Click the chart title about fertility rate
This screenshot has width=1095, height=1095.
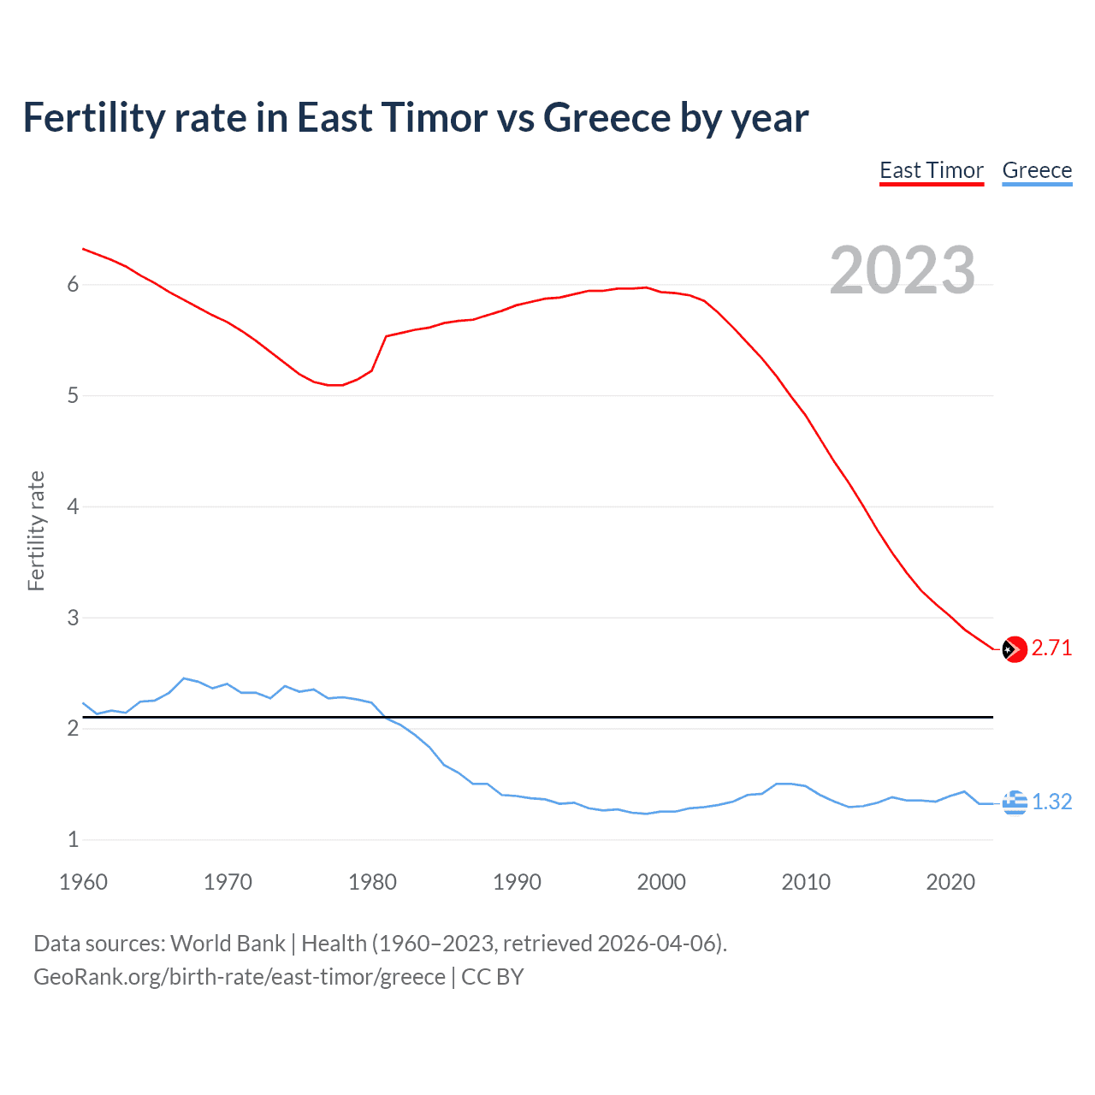tap(416, 118)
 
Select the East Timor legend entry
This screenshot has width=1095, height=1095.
tap(932, 170)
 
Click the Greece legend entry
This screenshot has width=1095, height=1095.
tap(1037, 170)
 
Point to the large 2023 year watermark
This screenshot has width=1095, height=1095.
tap(902, 270)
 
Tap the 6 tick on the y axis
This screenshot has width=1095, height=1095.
tap(73, 285)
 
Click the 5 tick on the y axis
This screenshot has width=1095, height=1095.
tap(73, 396)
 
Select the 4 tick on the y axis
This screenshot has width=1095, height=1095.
tap(73, 506)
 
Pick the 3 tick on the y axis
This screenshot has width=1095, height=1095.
tap(73, 618)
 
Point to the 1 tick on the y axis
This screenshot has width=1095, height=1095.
tap(73, 839)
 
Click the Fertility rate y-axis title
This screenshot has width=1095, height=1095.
tap(36, 530)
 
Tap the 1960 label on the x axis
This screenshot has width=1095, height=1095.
tap(83, 882)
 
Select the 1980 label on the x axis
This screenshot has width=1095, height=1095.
tap(372, 882)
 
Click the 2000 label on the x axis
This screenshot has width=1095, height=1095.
tap(661, 882)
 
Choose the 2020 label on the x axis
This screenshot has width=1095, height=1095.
tap(950, 882)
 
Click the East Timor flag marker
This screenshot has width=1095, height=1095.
tap(1014, 649)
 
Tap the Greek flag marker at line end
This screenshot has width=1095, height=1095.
tap(1015, 802)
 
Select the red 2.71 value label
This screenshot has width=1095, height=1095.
tap(1051, 648)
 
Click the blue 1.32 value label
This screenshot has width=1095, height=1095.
tap(1051, 802)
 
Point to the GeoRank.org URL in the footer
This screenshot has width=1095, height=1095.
tap(240, 977)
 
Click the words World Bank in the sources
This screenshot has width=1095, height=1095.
tap(228, 944)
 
